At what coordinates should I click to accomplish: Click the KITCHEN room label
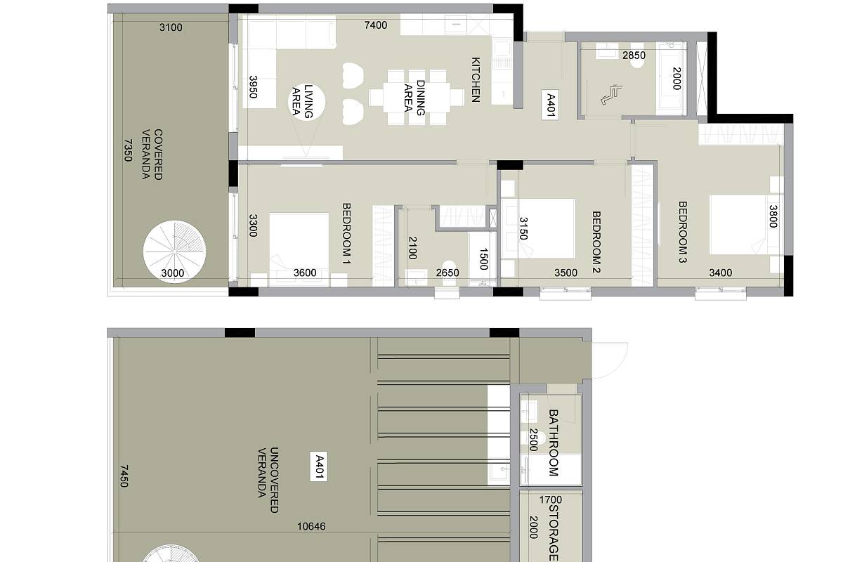[476, 79]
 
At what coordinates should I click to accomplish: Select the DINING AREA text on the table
[414, 98]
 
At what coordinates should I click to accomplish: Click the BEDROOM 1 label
[346, 233]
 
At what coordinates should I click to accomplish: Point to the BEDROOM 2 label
[596, 242]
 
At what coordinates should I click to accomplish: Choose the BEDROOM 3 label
[683, 232]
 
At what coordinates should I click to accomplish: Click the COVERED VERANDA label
[152, 155]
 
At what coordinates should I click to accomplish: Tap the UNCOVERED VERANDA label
[268, 480]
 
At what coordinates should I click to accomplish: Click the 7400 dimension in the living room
[376, 25]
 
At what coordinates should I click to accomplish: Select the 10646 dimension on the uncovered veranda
[311, 526]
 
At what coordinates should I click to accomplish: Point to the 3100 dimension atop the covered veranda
[171, 27]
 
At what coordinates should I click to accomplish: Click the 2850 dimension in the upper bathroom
[634, 55]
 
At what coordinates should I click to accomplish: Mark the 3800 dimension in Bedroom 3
[773, 216]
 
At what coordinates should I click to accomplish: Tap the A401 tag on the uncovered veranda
[319, 466]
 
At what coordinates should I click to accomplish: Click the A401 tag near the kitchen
[550, 105]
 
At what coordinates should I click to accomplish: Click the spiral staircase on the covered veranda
[175, 251]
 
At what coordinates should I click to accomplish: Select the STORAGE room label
[553, 532]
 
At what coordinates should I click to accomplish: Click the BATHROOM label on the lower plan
[553, 443]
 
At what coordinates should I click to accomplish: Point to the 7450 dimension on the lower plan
[124, 476]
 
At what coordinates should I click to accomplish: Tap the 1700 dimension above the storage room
[550, 499]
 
